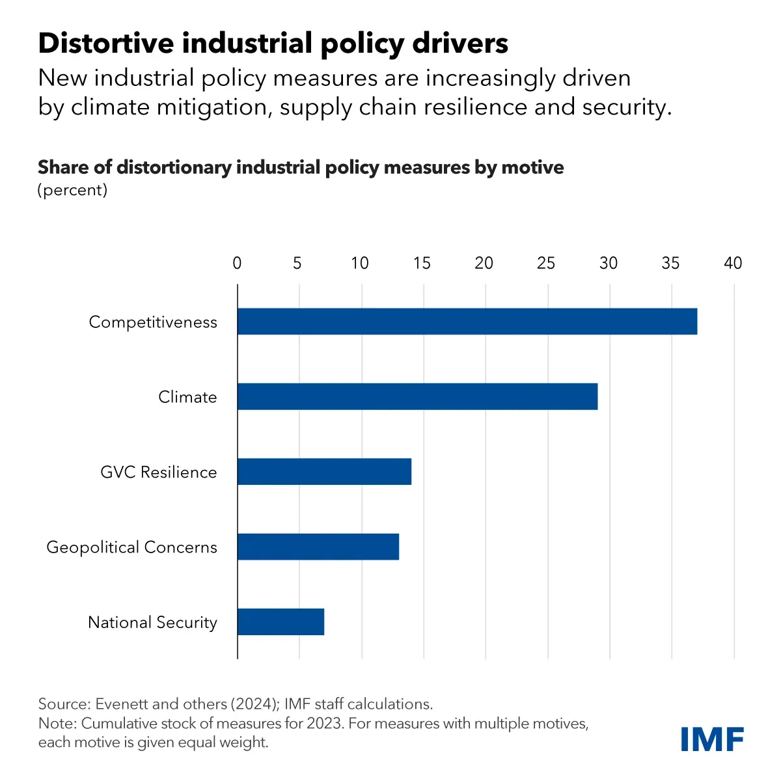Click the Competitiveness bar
tap(467, 322)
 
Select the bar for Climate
tap(417, 396)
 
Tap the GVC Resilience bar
tap(324, 471)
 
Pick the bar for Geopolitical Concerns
tap(318, 547)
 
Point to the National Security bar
tap(281, 622)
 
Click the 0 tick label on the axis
tap(237, 263)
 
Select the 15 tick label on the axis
tap(422, 263)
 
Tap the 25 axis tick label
tap(546, 263)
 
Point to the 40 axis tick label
tap(733, 263)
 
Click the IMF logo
tap(712, 739)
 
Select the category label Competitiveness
tap(153, 322)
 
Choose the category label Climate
tap(187, 397)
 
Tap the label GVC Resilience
tap(159, 472)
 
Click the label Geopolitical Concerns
tap(131, 547)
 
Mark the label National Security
tap(152, 622)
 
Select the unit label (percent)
tap(72, 190)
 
